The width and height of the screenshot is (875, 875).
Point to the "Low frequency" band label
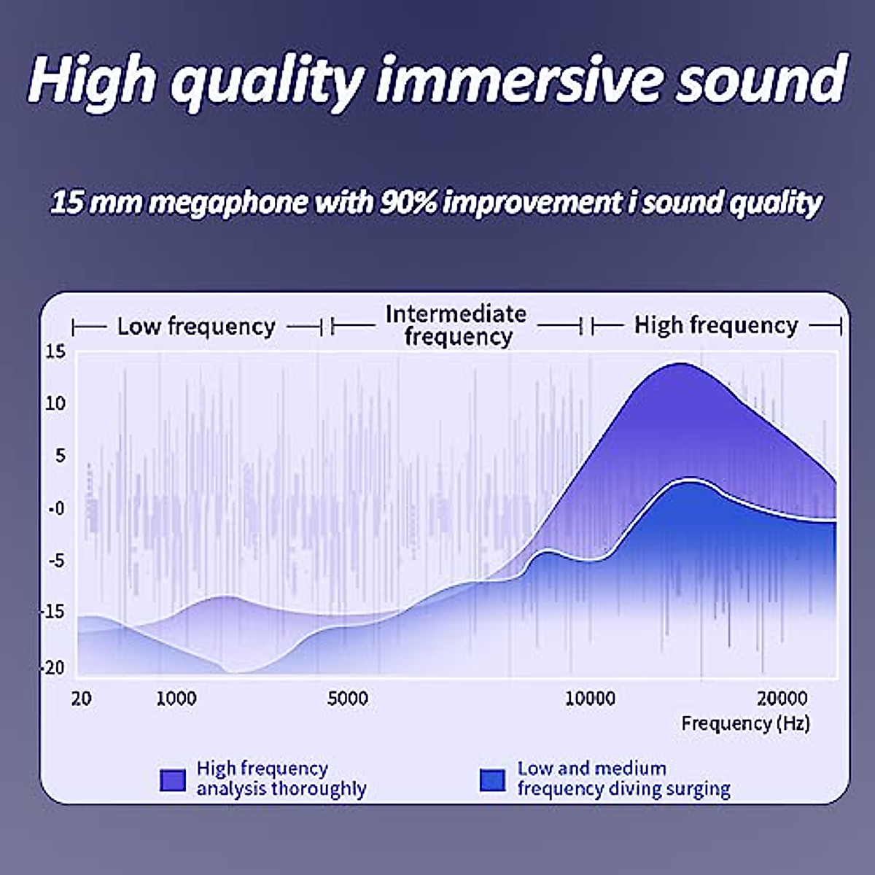pos(197,327)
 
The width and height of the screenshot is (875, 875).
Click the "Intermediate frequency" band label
pos(456,325)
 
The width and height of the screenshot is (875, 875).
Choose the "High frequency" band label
pos(716,325)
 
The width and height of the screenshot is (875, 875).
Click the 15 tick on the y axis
pos(55,351)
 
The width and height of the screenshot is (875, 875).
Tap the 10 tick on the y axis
pos(55,403)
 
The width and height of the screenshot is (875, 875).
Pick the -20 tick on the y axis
pos(53,668)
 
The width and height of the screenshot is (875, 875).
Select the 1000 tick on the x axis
pos(176,699)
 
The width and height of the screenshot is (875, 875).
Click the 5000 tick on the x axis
pos(347,699)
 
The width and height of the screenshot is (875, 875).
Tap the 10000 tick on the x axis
pos(590,699)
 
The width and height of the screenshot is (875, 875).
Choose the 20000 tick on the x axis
pos(782,699)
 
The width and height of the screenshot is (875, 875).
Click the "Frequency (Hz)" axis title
pos(746,723)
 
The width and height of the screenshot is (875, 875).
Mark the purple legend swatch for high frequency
pos(173,780)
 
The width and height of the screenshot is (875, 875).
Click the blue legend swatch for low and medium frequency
pos(492,780)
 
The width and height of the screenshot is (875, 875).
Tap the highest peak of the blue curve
pos(689,478)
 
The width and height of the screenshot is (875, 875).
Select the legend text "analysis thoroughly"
pos(281,789)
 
